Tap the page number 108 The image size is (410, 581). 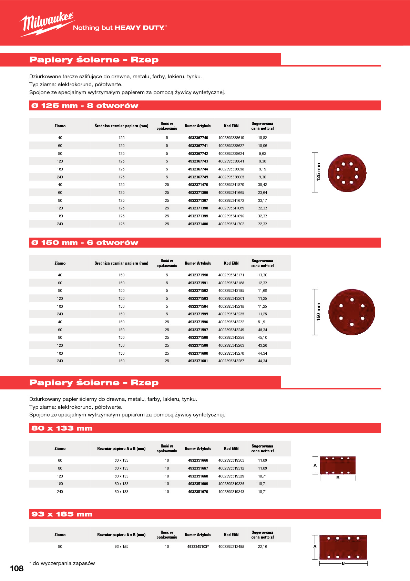pos(17,569)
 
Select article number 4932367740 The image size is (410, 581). pos(198,138)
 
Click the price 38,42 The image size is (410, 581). pos(262,185)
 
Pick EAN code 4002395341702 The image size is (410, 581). pos(231,224)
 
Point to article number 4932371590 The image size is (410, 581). pos(198,275)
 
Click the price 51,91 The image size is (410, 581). pos(262,322)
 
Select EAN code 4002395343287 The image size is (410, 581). pos(231,361)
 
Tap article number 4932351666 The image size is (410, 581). pos(198,460)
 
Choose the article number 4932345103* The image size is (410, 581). pos(198,546)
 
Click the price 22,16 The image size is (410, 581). pos(262,546)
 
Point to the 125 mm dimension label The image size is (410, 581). pos(318,172)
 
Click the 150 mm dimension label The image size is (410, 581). pos(318,312)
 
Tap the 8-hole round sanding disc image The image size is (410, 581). pos(347,173)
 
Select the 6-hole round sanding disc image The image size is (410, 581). pos(351,312)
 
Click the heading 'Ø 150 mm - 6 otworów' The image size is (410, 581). pos(85,243)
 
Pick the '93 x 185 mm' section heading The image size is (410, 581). pos(62,514)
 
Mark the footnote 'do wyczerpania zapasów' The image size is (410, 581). pos(63,563)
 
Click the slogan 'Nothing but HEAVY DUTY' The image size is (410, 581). pos(120,28)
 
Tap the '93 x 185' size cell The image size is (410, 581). pos(121,546)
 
